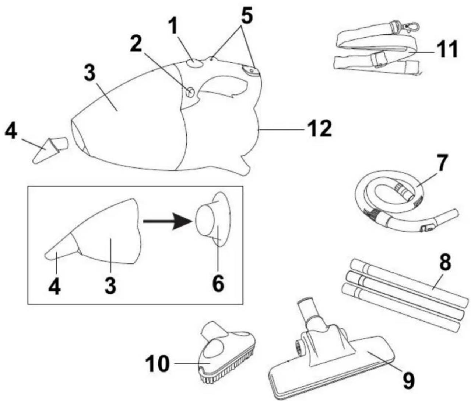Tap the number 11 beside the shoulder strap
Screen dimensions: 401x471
(x=447, y=49)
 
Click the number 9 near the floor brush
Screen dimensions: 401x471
(x=408, y=380)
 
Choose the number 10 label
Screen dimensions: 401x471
(x=157, y=364)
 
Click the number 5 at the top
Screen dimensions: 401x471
(x=247, y=16)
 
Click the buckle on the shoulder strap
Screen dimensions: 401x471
(x=377, y=59)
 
